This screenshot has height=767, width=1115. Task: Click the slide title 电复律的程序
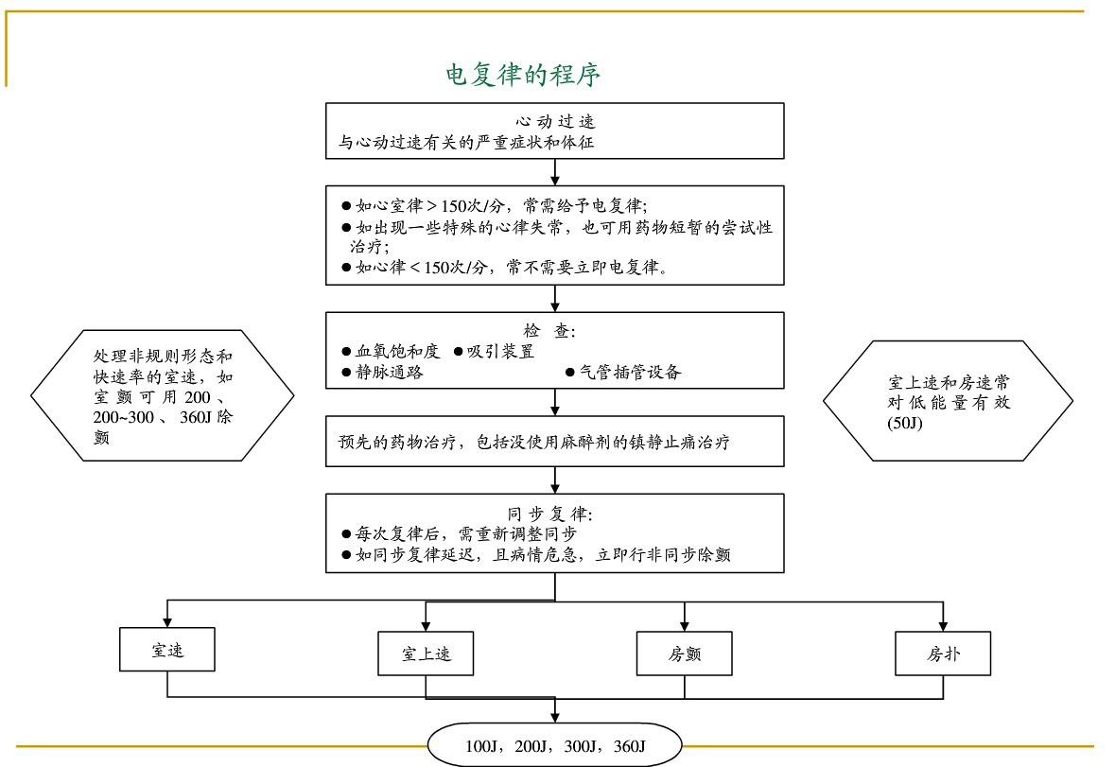(x=523, y=76)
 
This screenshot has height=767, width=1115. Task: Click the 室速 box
(x=167, y=651)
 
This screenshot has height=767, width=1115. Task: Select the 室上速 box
(x=426, y=654)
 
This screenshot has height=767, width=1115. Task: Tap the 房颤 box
(x=684, y=654)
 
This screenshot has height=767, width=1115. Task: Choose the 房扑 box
(x=943, y=654)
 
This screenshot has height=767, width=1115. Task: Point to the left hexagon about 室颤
(x=163, y=395)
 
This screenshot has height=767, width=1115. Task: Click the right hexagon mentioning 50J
(x=948, y=402)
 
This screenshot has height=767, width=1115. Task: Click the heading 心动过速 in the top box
(x=555, y=122)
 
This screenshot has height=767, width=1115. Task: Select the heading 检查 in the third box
(x=555, y=330)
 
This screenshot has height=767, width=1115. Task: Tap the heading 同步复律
(x=555, y=514)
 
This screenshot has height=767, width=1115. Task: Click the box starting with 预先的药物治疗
(x=555, y=441)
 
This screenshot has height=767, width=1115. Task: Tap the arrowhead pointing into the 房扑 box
(x=943, y=623)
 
